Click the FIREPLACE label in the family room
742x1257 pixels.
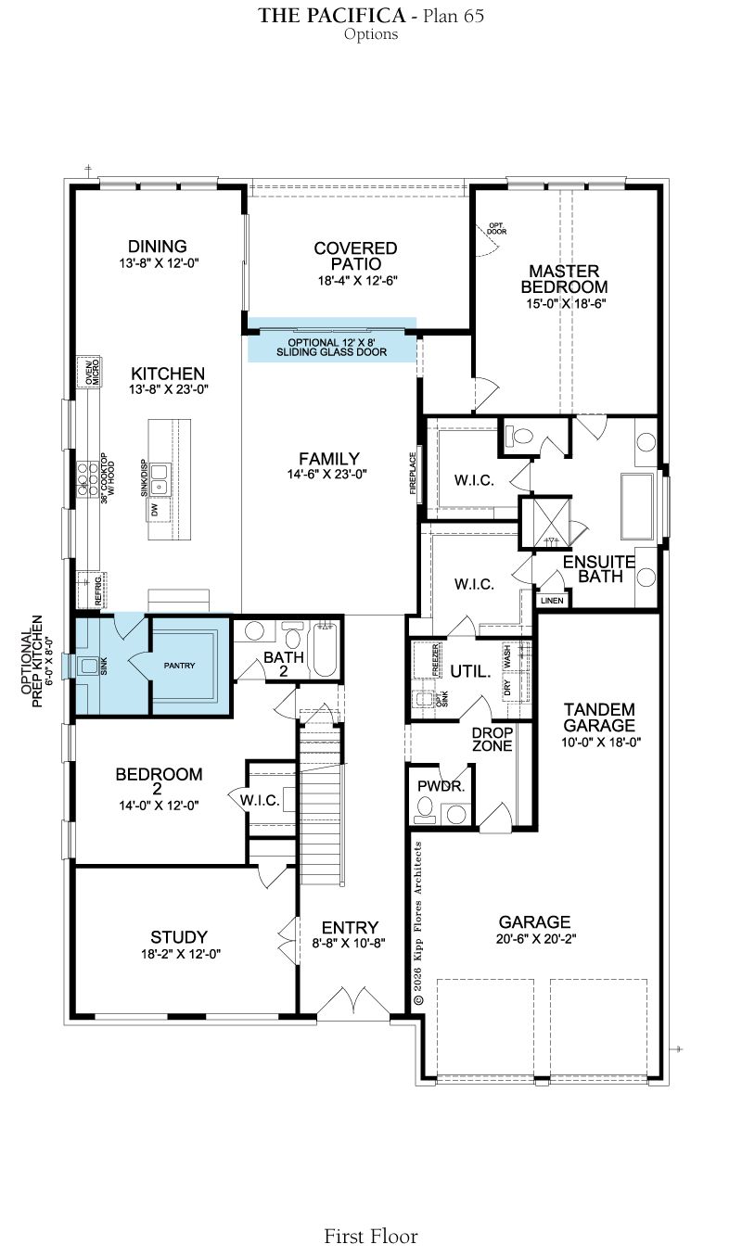(413, 473)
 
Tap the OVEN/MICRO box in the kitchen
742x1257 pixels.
(89, 372)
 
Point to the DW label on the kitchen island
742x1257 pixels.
(155, 510)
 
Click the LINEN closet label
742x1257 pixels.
(552, 601)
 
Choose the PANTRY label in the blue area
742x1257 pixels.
(179, 666)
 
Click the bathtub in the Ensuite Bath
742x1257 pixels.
(637, 507)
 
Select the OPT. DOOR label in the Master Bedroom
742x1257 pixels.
(497, 228)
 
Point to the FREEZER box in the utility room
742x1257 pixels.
(436, 661)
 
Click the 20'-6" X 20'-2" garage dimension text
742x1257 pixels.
(536, 938)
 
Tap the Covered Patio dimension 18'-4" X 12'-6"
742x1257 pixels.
(358, 281)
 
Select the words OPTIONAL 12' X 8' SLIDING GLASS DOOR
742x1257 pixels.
(331, 348)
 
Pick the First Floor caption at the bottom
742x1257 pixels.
(371, 1236)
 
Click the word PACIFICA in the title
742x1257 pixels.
(354, 16)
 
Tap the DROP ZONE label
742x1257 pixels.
(493, 739)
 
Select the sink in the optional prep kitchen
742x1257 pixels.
(89, 667)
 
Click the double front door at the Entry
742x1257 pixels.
(353, 1002)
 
